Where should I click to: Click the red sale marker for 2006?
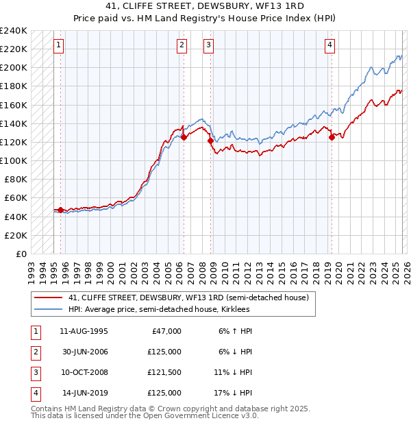click(x=184, y=137)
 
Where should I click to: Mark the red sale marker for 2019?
click(x=332, y=137)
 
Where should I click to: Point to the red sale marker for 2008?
click(x=210, y=141)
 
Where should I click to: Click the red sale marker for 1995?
click(x=60, y=210)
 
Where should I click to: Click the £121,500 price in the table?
click(x=164, y=374)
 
